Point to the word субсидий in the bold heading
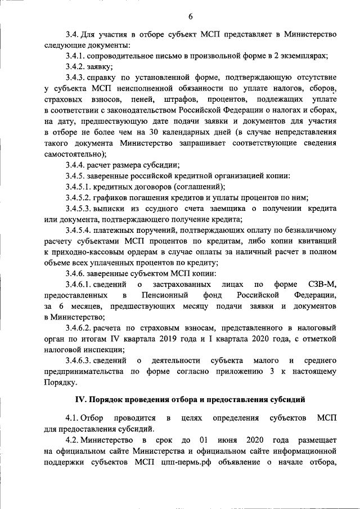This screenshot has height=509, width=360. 287,400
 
